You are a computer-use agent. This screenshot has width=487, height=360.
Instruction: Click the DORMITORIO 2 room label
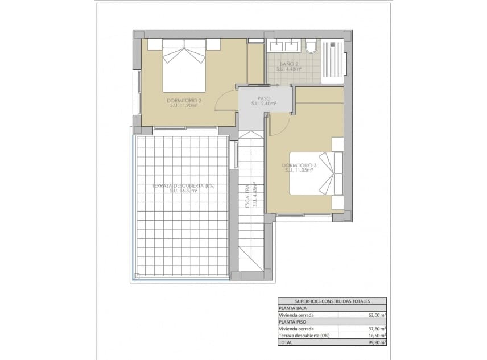(x=184, y=101)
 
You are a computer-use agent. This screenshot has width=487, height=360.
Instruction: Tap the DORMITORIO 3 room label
(x=299, y=166)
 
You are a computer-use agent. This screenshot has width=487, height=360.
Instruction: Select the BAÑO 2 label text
(x=289, y=64)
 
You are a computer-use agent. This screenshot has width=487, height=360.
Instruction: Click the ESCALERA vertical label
(x=247, y=196)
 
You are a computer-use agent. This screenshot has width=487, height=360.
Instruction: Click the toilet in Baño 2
(x=310, y=47)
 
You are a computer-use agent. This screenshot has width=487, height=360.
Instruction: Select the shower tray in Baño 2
(x=333, y=60)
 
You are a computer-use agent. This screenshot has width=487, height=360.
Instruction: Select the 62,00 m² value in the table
(x=377, y=314)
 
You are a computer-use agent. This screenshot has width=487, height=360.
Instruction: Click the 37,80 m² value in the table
(x=377, y=328)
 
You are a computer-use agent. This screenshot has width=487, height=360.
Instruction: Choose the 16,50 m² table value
(x=377, y=336)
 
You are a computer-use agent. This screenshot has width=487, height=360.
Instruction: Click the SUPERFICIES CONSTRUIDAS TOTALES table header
(x=332, y=300)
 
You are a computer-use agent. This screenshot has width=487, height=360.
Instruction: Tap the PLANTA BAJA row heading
(x=293, y=307)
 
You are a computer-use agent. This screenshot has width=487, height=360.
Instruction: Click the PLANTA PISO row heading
(x=293, y=321)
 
